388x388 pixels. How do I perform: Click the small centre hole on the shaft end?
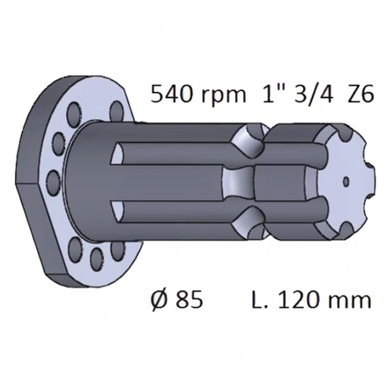347,182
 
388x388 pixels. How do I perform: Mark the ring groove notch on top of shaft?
249,139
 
